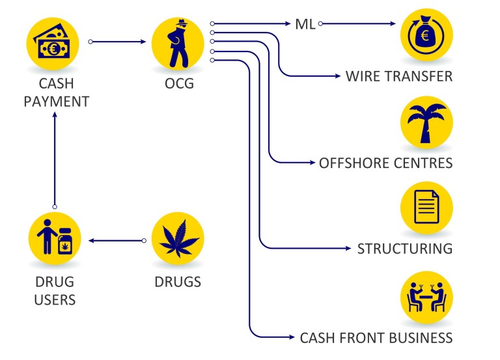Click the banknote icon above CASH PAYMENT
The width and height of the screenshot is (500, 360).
click(x=53, y=44)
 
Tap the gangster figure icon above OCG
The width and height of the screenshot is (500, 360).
click(x=178, y=44)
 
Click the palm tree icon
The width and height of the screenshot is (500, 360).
click(x=426, y=122)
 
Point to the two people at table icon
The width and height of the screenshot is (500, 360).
click(x=426, y=298)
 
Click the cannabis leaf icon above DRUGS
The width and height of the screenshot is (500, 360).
click(x=178, y=238)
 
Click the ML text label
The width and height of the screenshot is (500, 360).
click(x=305, y=24)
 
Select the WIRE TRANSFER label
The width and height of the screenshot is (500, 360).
click(x=399, y=77)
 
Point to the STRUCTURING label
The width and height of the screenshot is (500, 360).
click(x=405, y=249)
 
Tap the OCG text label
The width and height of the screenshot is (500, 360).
click(x=179, y=83)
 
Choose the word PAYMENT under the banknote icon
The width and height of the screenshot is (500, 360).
click(x=57, y=102)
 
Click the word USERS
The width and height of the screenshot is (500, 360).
click(x=55, y=300)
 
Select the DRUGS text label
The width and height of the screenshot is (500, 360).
click(x=178, y=282)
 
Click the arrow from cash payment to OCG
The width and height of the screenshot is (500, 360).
click(x=117, y=42)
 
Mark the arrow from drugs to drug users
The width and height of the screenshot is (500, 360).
click(x=117, y=240)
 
